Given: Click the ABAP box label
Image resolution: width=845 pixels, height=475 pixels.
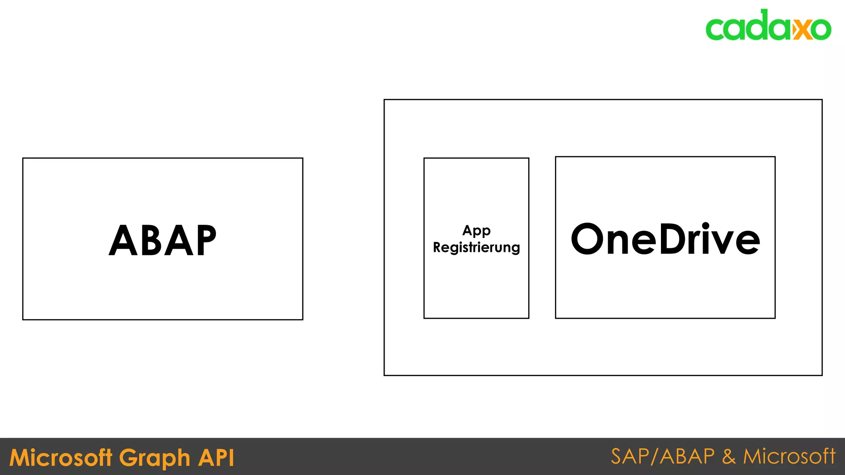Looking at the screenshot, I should tap(163, 240).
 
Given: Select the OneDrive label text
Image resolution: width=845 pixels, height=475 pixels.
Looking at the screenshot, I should tap(665, 239).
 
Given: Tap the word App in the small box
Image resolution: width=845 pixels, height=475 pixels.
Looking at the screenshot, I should tap(477, 230).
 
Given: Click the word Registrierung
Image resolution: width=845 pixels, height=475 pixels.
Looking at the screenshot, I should tap(477, 247).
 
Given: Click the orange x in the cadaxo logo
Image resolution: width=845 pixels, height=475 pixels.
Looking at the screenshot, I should tap(801, 29).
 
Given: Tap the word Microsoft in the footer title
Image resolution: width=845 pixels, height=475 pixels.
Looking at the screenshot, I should tap(61, 458).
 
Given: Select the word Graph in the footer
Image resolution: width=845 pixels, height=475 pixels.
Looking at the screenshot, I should tap(155, 458).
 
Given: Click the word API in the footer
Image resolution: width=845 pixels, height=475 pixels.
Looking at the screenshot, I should tap(216, 458).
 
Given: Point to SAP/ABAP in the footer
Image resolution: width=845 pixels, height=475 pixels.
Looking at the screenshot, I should tap(663, 456).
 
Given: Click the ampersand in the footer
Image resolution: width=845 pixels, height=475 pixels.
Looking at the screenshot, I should tap(729, 456).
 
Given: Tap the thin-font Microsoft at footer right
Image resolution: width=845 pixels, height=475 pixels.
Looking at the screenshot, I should tap(789, 456).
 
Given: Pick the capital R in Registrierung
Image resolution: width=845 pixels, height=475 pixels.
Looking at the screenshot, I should tap(437, 247).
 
